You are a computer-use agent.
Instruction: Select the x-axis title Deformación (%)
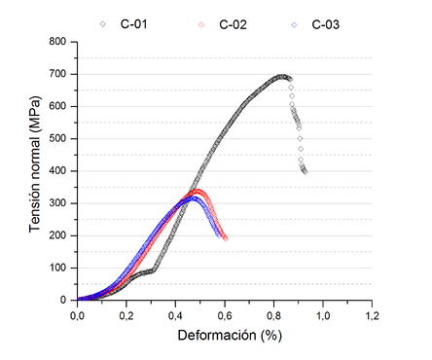point(224,336)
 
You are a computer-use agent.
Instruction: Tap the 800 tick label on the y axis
point(58,42)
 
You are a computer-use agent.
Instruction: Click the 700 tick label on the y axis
point(58,74)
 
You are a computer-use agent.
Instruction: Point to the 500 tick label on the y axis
point(58,138)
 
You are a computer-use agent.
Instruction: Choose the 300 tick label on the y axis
point(58,203)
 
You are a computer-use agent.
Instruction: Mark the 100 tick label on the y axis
point(58,268)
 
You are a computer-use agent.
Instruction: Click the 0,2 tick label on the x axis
point(126,314)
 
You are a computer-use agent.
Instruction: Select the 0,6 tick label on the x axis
point(224,314)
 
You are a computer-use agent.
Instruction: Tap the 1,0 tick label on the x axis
point(322,314)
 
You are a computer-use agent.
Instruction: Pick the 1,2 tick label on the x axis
point(371,314)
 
